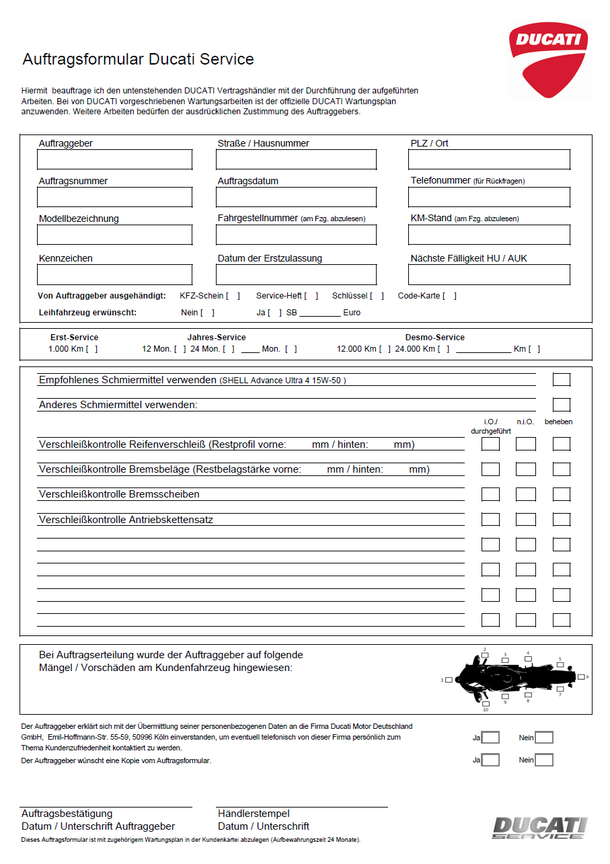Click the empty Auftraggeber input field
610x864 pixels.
pyautogui.click(x=114, y=159)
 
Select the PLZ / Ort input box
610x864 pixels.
pyautogui.click(x=489, y=159)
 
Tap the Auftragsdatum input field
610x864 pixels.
pyautogui.click(x=296, y=197)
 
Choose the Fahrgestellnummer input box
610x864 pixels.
pyautogui.click(x=296, y=235)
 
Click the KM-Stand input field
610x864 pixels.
pyautogui.click(x=489, y=235)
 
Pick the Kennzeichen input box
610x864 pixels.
pyautogui.click(x=114, y=274)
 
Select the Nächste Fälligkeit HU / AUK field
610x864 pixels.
pyautogui.click(x=489, y=274)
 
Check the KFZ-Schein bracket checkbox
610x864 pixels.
pyautogui.click(x=233, y=296)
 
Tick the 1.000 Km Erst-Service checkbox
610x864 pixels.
pyautogui.click(x=92, y=349)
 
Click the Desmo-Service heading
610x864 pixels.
pyautogui.click(x=434, y=338)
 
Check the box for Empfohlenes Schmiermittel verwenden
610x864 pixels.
pyautogui.click(x=561, y=380)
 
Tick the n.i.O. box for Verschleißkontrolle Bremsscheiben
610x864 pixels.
pyautogui.click(x=525, y=494)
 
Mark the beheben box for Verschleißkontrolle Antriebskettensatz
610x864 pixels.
pyautogui.click(x=561, y=520)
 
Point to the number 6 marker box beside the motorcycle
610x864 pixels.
pyautogui.click(x=581, y=677)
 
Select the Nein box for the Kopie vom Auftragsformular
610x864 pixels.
pyautogui.click(x=544, y=760)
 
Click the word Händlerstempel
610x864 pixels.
pyautogui.click(x=254, y=814)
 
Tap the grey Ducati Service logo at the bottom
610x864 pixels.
pyautogui.click(x=539, y=828)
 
